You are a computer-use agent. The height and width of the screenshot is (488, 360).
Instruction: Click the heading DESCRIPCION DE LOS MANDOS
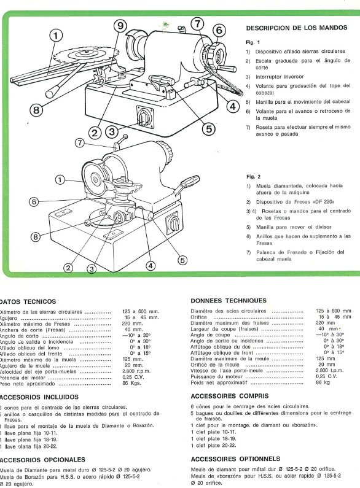tap(296, 28)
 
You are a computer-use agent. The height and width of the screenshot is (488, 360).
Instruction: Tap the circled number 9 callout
tap(121, 26)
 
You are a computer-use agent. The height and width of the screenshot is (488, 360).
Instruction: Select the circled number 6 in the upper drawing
tap(219, 29)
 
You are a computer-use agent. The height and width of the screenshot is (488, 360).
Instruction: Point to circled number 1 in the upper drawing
tap(56, 35)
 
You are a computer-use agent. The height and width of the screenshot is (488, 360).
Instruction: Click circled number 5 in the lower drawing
tap(182, 260)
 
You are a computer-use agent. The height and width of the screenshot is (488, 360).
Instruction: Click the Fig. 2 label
tap(254, 177)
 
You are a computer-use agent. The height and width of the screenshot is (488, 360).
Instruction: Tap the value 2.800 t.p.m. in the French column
tap(327, 371)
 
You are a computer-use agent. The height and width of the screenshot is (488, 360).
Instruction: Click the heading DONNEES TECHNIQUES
tap(229, 301)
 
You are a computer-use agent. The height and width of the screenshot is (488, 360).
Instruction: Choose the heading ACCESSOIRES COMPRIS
tap(229, 396)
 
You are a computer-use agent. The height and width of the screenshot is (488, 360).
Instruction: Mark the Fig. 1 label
tap(254, 42)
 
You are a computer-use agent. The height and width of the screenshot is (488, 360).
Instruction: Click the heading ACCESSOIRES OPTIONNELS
tap(235, 459)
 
